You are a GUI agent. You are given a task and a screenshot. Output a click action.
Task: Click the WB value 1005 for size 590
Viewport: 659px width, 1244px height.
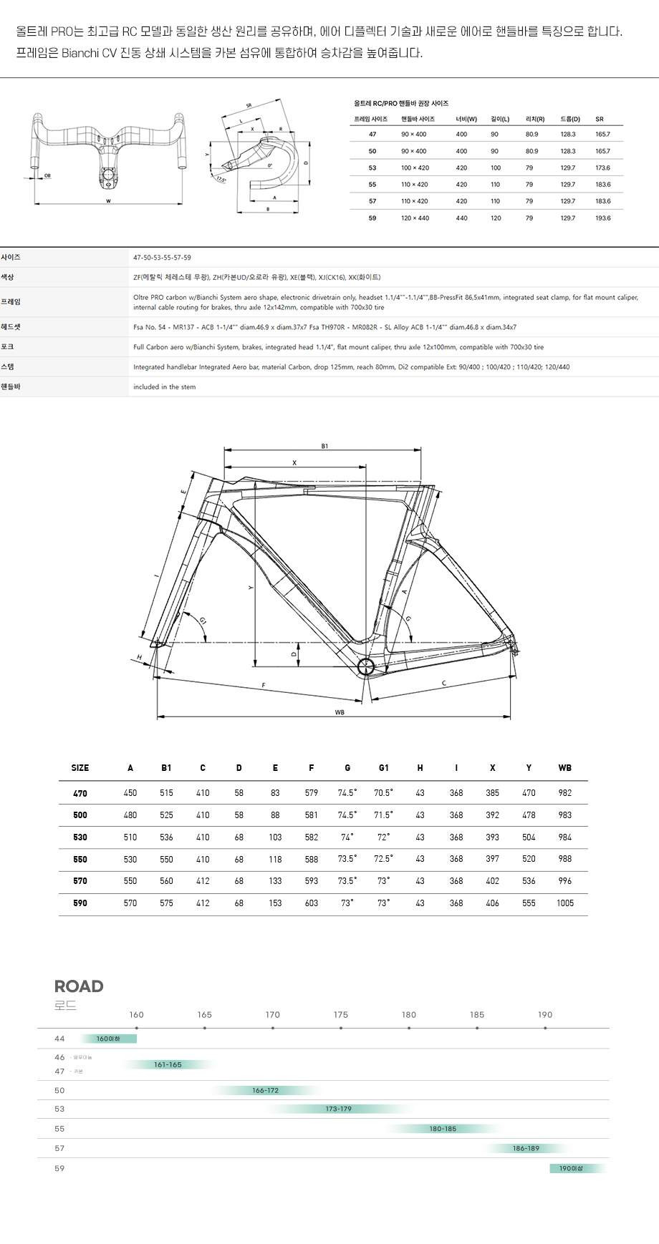[564, 903]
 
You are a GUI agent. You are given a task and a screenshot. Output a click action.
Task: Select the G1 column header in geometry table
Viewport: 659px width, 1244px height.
[383, 768]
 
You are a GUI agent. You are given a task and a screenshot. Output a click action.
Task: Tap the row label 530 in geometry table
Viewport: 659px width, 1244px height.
[80, 837]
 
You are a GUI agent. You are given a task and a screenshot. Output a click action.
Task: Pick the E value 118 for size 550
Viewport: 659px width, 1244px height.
[275, 859]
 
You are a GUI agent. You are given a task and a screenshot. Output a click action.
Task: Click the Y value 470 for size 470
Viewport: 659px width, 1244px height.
[529, 793]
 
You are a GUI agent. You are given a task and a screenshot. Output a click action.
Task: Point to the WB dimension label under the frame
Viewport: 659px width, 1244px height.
[340, 712]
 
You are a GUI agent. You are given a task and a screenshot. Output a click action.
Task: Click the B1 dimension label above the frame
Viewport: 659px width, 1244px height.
[324, 446]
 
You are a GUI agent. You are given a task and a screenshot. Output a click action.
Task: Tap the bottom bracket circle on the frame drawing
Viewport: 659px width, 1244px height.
[366, 667]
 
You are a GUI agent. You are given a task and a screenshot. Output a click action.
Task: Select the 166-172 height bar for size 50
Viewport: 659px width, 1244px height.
[265, 1091]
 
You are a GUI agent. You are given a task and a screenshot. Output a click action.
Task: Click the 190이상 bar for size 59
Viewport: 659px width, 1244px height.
[571, 1168]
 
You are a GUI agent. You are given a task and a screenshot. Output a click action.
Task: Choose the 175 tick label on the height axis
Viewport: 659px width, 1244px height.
[340, 1015]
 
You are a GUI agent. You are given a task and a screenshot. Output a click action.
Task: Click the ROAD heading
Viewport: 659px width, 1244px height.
[79, 986]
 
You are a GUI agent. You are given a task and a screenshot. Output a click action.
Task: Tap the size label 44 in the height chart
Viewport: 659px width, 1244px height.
[59, 1039]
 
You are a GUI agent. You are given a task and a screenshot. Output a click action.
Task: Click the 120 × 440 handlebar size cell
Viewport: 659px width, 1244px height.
[415, 218]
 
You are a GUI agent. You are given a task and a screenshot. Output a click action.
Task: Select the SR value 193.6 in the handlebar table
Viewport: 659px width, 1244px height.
[602, 218]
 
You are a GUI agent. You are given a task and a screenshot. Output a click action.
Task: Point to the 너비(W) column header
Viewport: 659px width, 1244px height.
[466, 119]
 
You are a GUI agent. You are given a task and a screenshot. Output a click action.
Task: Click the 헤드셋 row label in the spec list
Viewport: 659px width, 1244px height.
[11, 327]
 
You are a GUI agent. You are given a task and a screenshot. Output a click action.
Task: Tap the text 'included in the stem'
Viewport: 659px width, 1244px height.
[164, 387]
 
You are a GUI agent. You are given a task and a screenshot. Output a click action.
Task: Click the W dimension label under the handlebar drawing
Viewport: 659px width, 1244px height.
[108, 201]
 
